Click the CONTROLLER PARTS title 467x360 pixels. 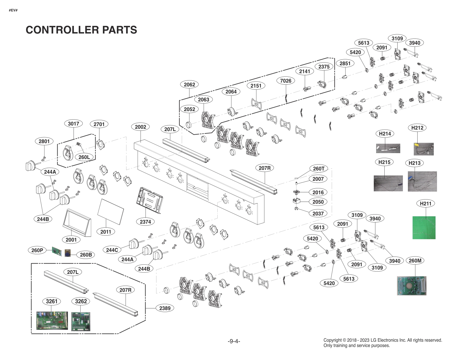[81, 30]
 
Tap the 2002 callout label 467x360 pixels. [140, 127]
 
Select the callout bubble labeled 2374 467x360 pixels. [145, 222]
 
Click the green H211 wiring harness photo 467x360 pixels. [424, 227]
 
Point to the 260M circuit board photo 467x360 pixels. [411, 285]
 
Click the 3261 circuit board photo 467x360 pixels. [52, 320]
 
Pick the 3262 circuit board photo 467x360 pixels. [81, 321]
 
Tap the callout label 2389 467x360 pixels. [165, 308]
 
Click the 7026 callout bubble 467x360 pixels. [286, 81]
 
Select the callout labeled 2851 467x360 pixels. [345, 63]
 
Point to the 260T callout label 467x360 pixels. [318, 168]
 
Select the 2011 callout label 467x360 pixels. [106, 232]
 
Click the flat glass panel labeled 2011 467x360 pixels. [110, 210]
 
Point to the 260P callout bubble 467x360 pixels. [37, 250]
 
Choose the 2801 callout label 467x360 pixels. [44, 141]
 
